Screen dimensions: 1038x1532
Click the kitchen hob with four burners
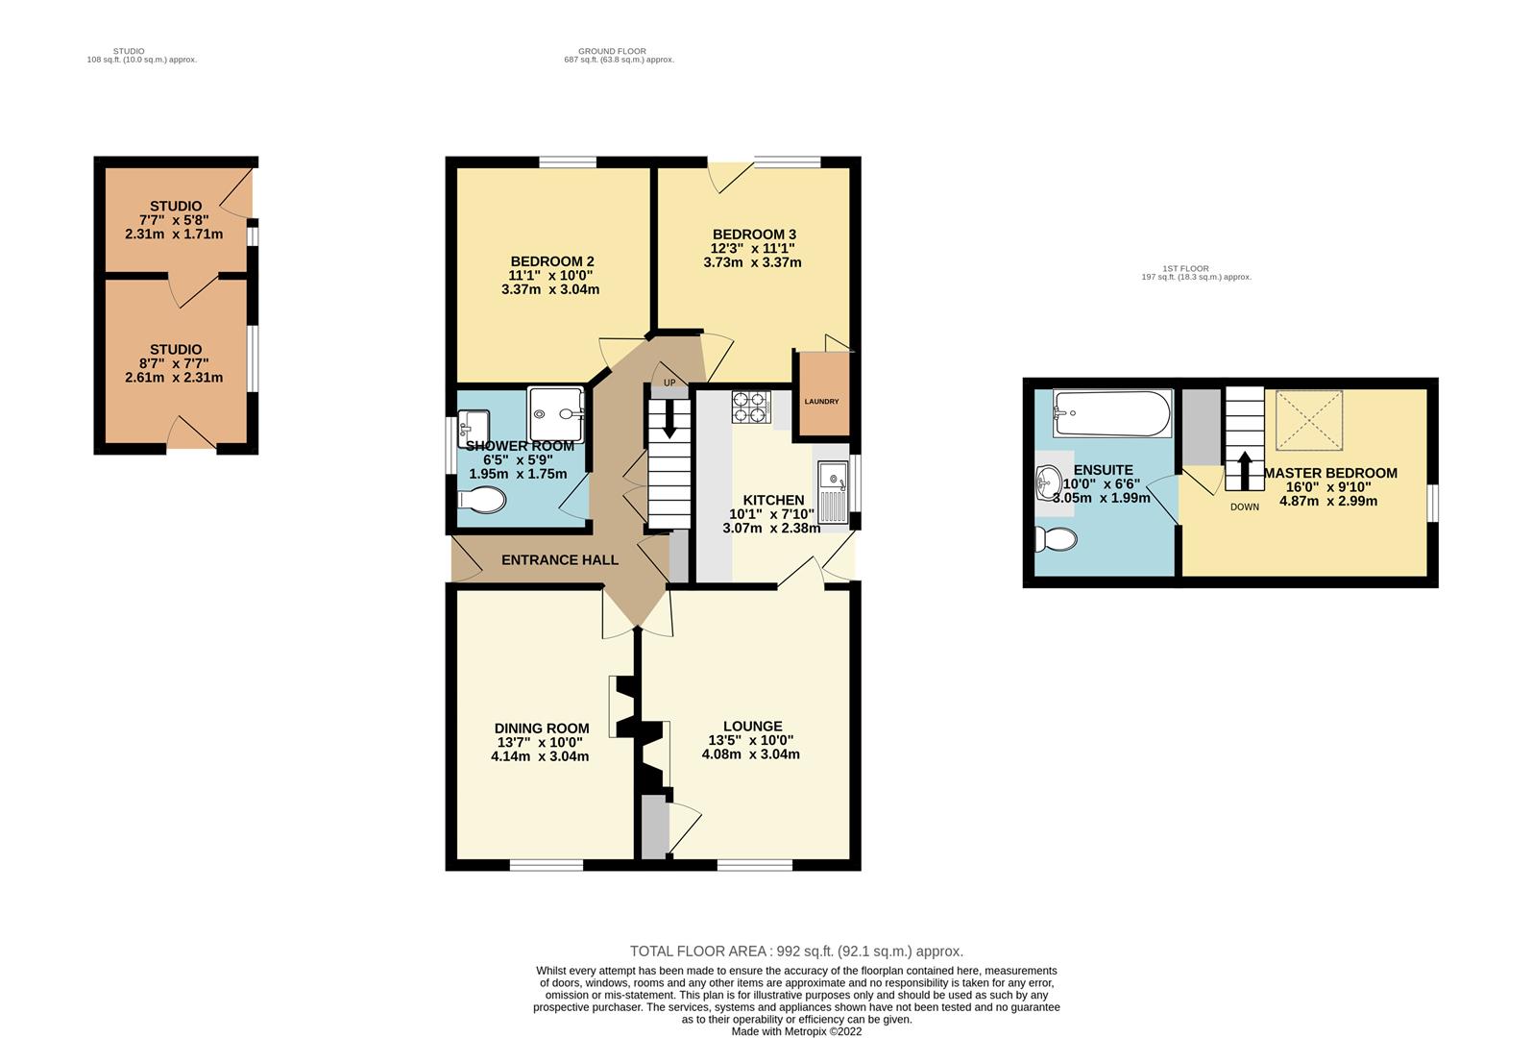[x=751, y=408]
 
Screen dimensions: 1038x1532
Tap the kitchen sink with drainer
[x=832, y=491]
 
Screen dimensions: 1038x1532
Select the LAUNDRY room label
[x=821, y=402]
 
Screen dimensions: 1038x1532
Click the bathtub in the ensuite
[x=1111, y=413]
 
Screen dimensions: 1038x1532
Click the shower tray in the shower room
[x=556, y=414]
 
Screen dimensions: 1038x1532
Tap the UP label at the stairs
[x=669, y=383]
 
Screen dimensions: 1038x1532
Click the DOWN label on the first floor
[x=1244, y=507]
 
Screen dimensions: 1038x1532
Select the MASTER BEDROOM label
[x=1330, y=473]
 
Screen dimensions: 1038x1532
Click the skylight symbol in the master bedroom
[x=1308, y=420]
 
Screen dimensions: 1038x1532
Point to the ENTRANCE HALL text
[x=560, y=560]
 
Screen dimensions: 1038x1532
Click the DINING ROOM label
[x=542, y=729]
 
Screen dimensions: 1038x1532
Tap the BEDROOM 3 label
[x=754, y=235]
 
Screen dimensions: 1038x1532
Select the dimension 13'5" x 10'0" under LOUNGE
[x=751, y=740]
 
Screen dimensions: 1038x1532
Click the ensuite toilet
[x=1056, y=539]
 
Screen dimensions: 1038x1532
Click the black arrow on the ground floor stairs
[x=669, y=423]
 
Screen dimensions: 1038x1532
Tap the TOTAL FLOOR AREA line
[x=796, y=951]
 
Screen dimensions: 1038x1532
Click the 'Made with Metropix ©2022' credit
[x=796, y=1031]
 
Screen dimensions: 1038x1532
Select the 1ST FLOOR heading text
[x=1185, y=268]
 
